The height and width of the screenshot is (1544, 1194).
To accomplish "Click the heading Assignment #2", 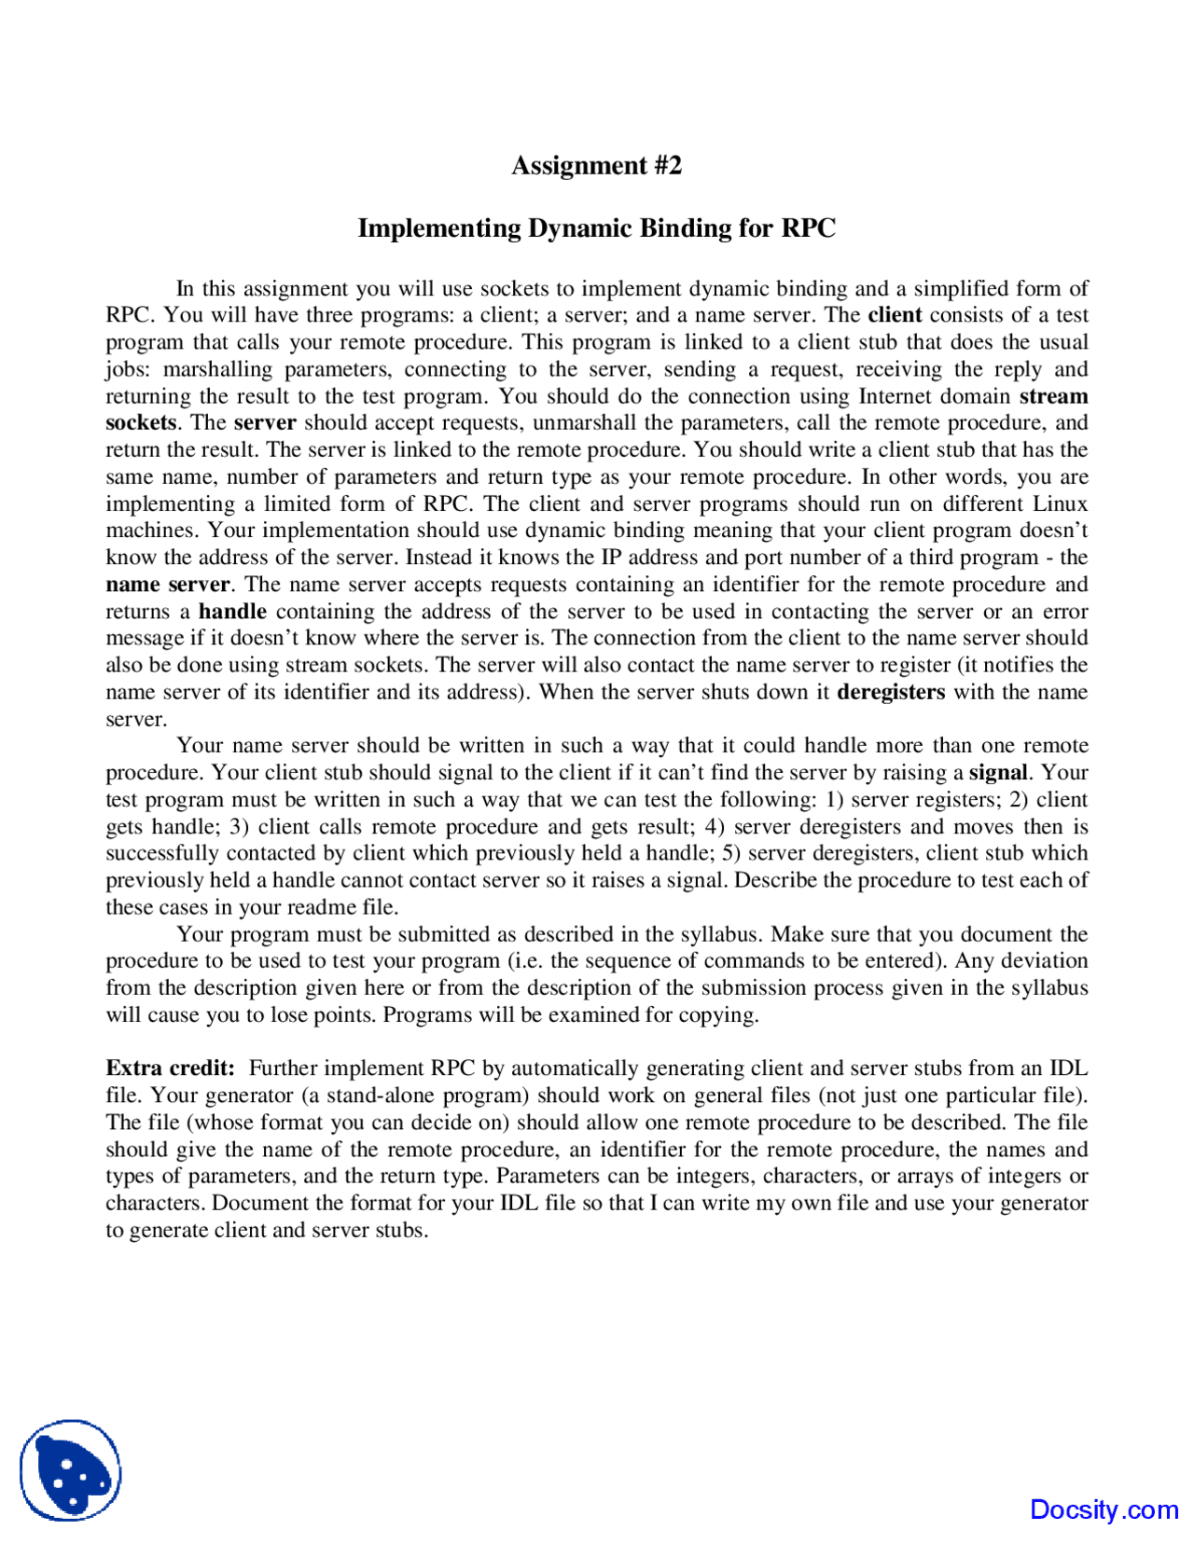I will [596, 165].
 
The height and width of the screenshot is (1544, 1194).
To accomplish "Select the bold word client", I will [895, 315].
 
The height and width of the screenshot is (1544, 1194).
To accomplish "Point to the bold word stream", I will [1053, 395].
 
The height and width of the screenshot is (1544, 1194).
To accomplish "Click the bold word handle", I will [232, 612].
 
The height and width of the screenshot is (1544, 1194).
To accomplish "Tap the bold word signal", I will [998, 773].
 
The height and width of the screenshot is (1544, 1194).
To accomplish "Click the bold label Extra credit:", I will [171, 1068].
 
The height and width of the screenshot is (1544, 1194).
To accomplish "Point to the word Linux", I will [1060, 503].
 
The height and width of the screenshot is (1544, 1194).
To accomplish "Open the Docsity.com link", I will [1104, 1510].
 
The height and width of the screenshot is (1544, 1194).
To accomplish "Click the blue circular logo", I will [71, 1470].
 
